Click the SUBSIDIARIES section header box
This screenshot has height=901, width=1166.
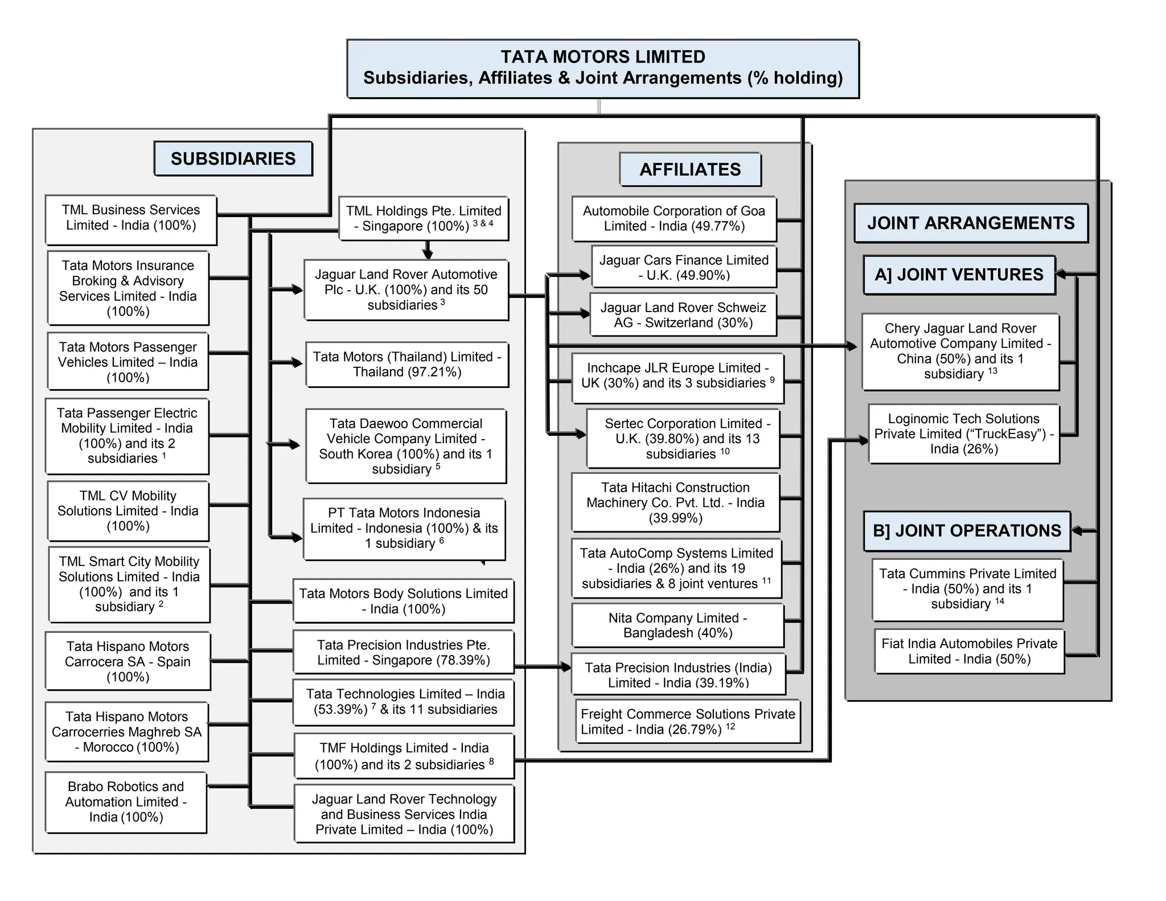(x=233, y=158)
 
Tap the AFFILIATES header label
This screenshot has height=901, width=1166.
(x=690, y=169)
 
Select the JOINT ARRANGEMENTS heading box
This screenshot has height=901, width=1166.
(x=971, y=223)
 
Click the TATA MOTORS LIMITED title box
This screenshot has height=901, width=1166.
(x=602, y=68)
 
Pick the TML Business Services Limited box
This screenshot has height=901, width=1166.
(x=131, y=218)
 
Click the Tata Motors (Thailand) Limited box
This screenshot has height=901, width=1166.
(x=407, y=365)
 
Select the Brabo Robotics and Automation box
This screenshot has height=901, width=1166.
(x=126, y=802)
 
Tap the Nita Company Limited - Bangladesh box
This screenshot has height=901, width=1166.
(x=677, y=625)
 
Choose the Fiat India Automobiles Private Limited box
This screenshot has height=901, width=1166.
(x=969, y=651)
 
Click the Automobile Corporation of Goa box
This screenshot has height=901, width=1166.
(x=674, y=219)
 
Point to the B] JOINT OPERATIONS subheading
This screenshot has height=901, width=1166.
(x=966, y=530)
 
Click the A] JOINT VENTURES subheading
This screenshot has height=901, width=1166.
(x=959, y=275)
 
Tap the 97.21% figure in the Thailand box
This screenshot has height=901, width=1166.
(x=436, y=372)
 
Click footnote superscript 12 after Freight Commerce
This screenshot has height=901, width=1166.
(x=730, y=726)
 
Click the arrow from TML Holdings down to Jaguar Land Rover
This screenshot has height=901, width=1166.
(x=428, y=251)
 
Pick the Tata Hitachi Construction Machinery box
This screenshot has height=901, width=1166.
(x=675, y=502)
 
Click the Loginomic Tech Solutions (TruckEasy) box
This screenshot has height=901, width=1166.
(x=963, y=434)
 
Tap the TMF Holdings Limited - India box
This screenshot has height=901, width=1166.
(x=404, y=756)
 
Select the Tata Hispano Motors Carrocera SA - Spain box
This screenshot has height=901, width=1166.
(x=128, y=661)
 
